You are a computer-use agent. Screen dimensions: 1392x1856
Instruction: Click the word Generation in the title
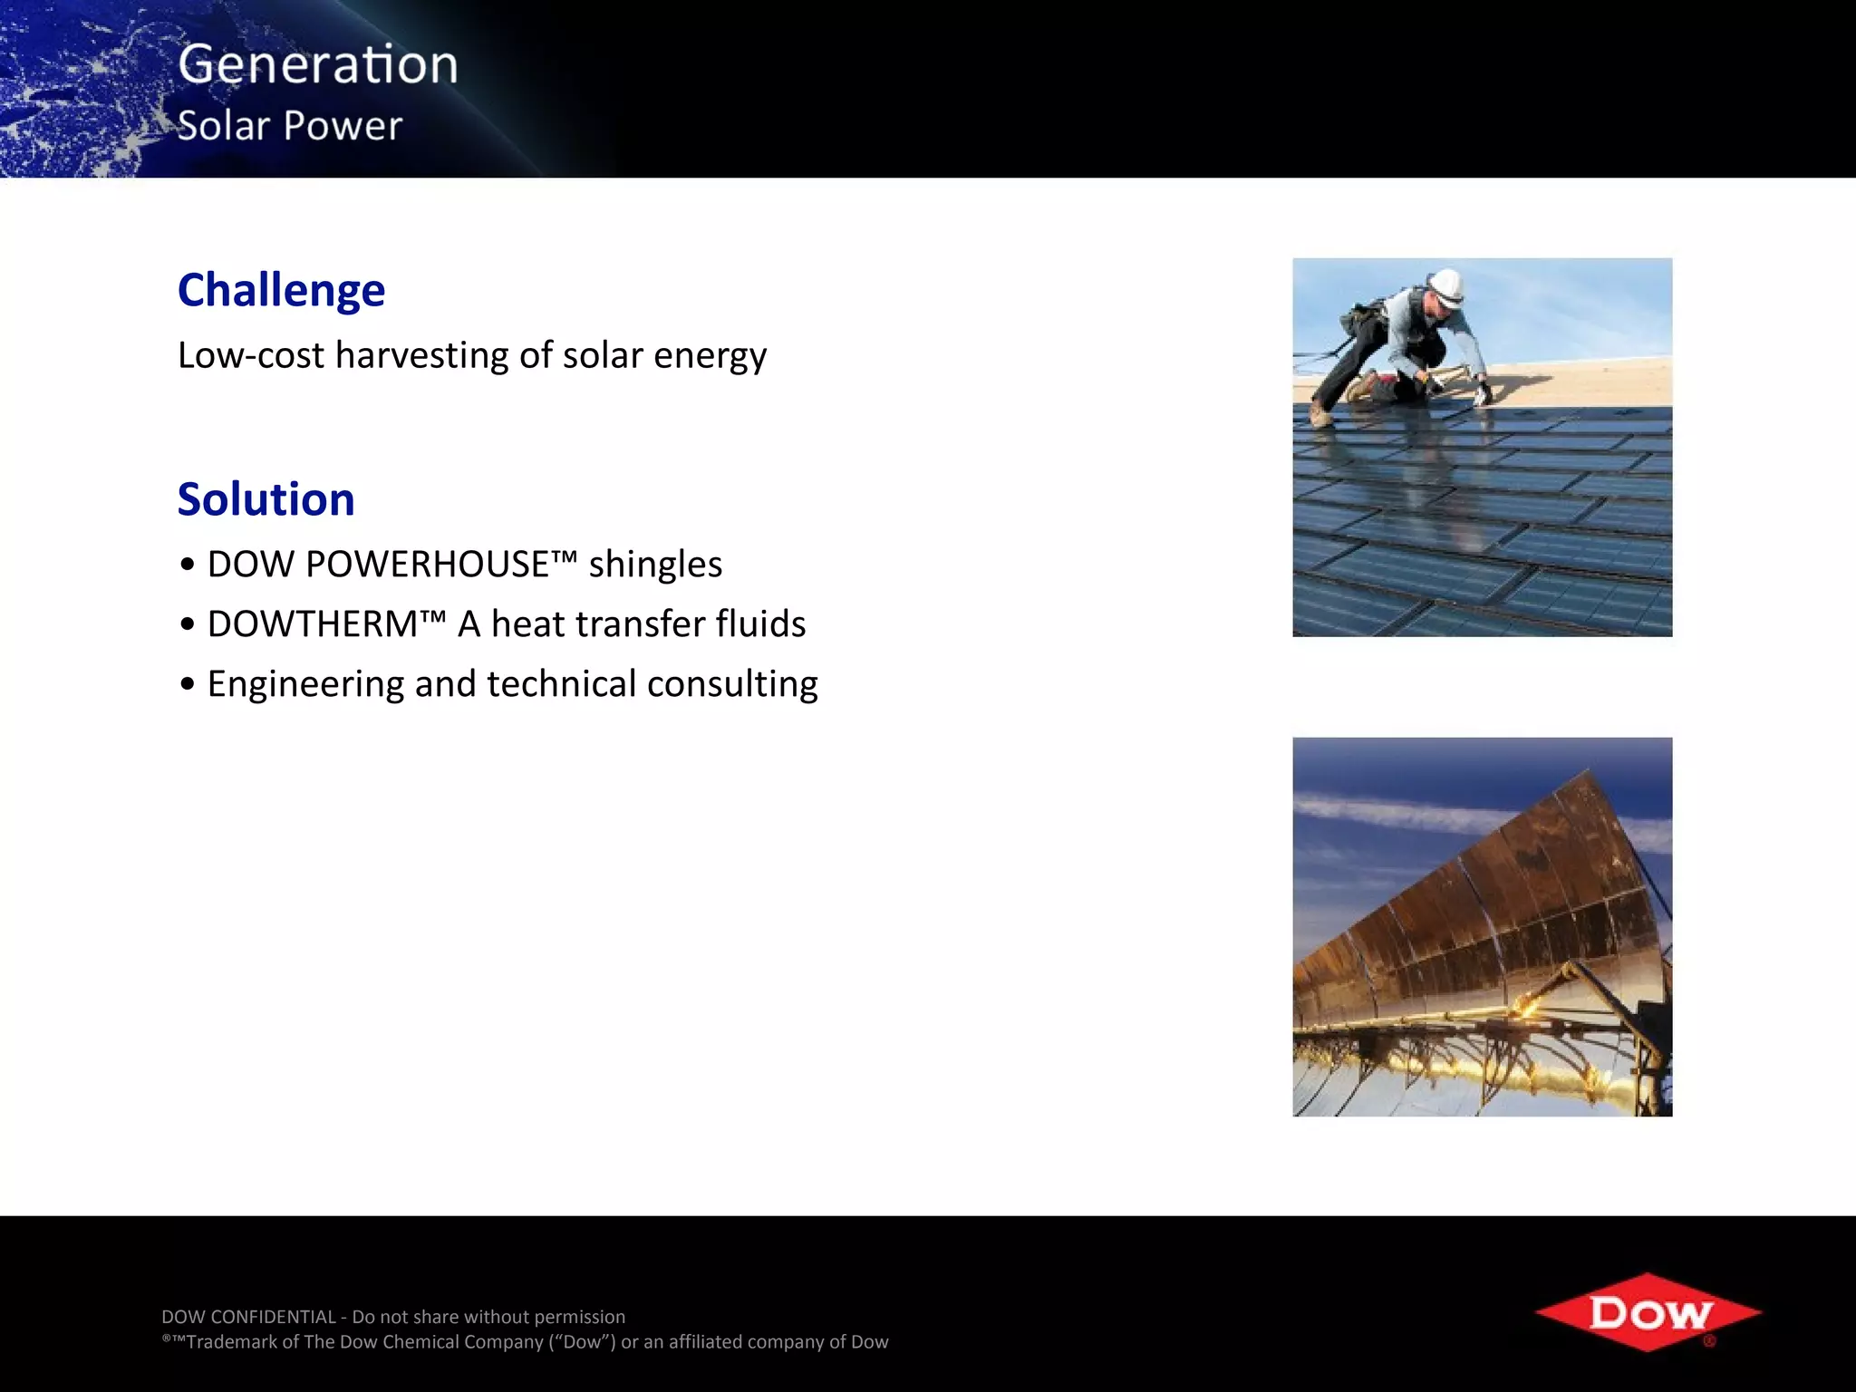[318, 65]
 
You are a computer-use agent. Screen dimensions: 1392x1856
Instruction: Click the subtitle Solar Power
[289, 126]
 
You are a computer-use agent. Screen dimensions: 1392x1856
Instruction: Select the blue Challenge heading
[281, 290]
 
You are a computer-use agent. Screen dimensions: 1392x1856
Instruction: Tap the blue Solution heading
[266, 499]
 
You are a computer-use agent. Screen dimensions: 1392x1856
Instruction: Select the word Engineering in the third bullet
[305, 684]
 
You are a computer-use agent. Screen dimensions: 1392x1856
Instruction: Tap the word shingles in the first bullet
[655, 565]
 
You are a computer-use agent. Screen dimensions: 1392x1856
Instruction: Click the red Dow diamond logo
[1648, 1312]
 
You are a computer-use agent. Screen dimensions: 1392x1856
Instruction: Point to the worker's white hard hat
[1445, 285]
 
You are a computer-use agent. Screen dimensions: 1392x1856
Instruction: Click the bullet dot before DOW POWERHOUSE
[187, 565]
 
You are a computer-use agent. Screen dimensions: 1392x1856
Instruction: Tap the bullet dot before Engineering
[187, 685]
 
